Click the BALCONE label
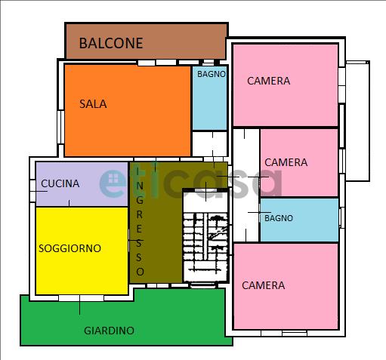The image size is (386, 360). tap(111, 43)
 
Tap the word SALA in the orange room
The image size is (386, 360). tap(93, 104)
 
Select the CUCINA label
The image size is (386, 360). tap(60, 183)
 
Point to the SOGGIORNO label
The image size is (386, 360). tap(69, 248)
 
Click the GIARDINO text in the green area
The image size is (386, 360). tap(109, 331)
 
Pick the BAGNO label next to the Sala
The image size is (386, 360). tap(212, 74)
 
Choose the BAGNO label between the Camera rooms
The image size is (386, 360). tap(279, 218)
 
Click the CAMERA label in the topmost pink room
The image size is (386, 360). tap(269, 81)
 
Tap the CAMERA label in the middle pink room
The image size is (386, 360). tap(286, 162)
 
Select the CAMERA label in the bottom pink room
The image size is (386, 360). tap(264, 285)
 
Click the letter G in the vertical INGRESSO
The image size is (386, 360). tap(140, 200)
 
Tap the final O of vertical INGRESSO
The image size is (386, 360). tap(141, 272)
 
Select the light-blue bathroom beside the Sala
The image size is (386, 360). tap(209, 98)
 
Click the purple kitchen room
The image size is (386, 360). tap(82, 184)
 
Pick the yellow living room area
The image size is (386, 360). tap(82, 251)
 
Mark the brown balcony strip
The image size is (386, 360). tap(147, 41)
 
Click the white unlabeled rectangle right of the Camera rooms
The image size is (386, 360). tap(357, 121)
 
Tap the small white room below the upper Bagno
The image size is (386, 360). tap(210, 143)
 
